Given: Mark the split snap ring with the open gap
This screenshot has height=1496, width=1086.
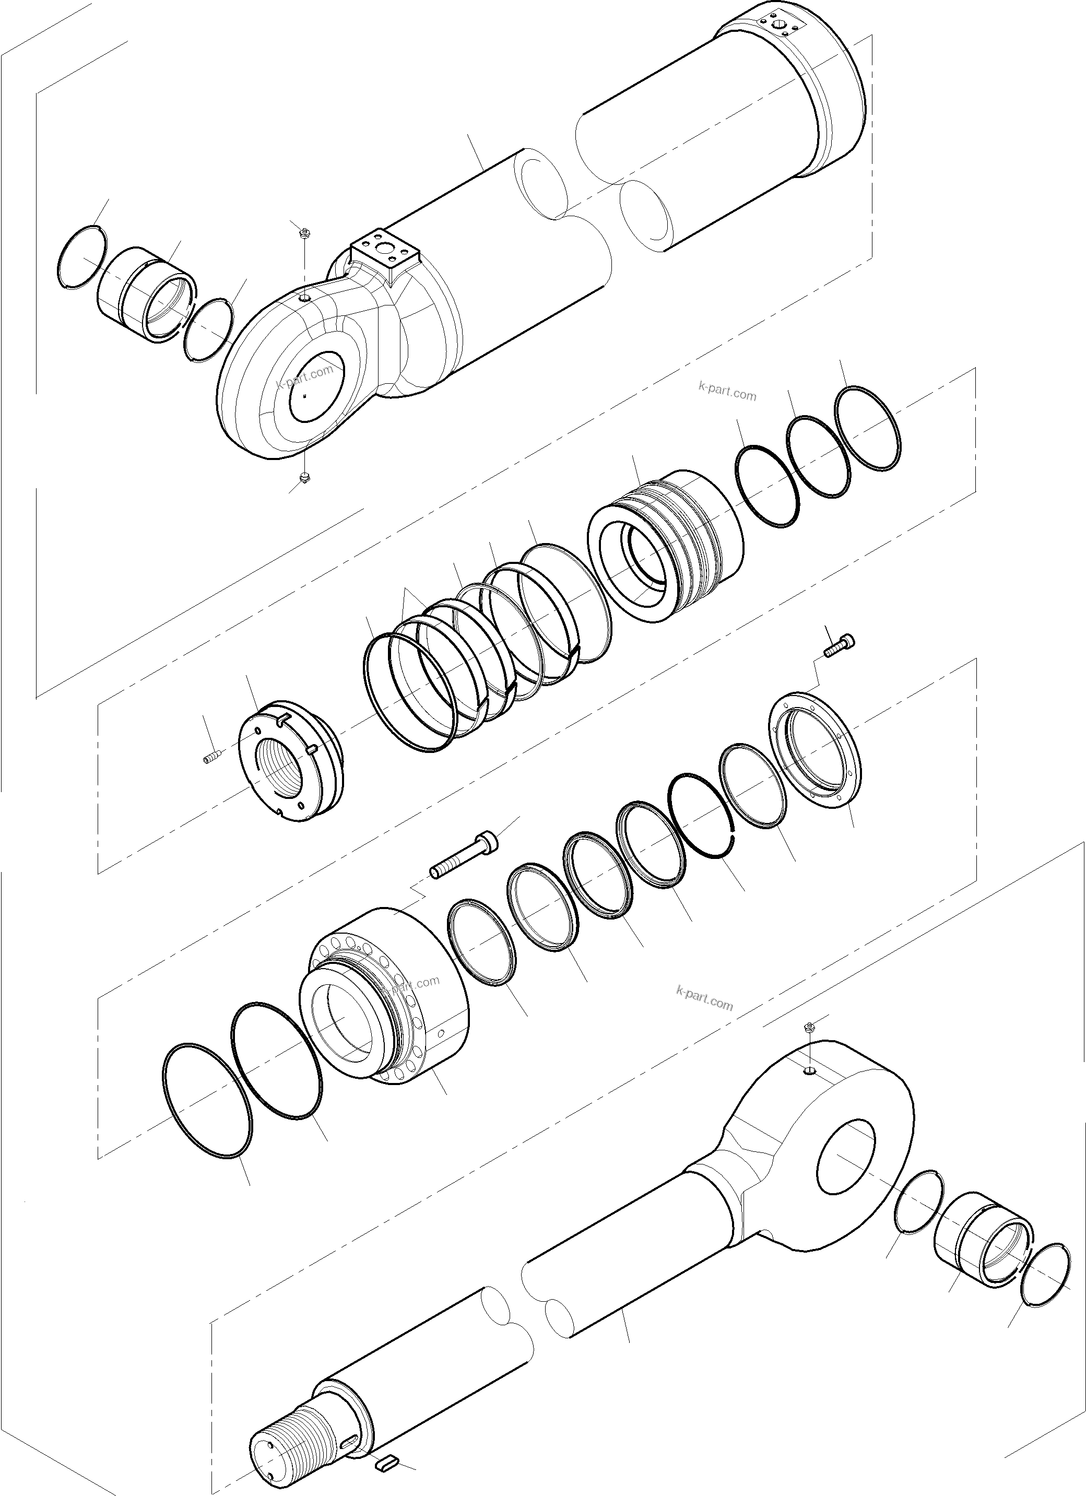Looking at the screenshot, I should point(702,817).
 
